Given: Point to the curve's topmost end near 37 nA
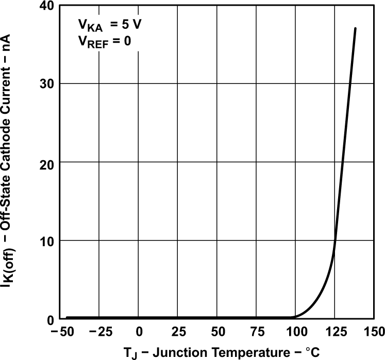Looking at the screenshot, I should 355,28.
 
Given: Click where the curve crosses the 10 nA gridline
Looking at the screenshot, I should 336,241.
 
